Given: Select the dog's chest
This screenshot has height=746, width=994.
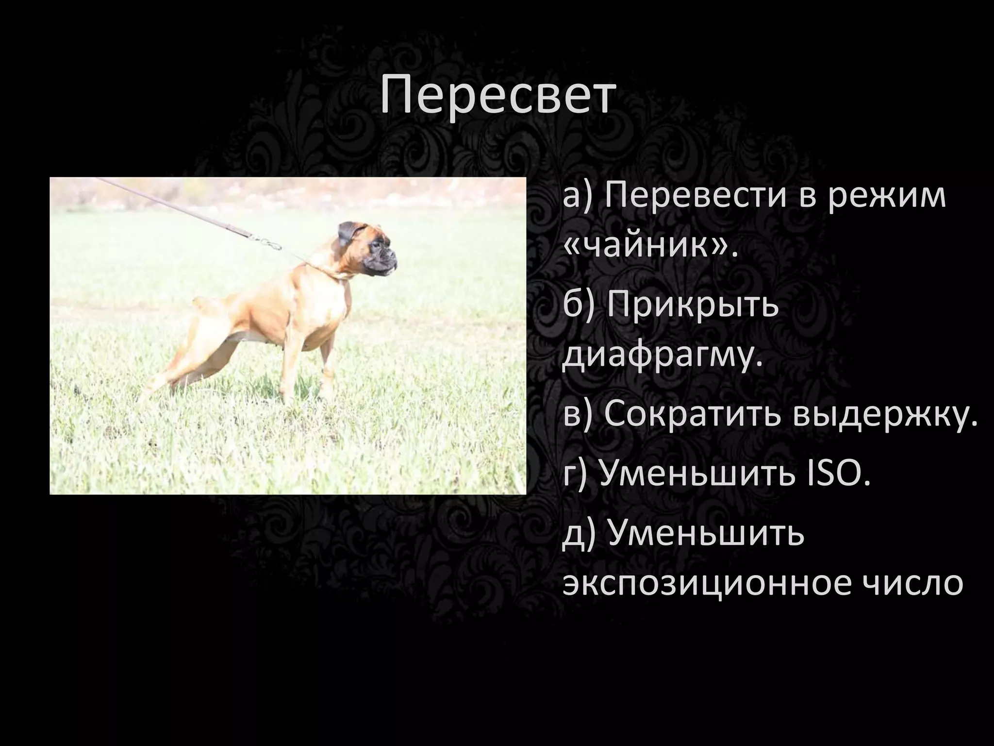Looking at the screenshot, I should [x=335, y=316].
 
